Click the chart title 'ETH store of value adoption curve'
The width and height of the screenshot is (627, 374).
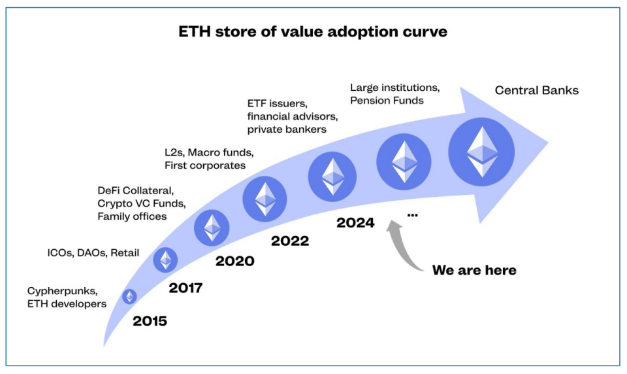(313, 32)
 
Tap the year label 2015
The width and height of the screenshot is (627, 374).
(150, 321)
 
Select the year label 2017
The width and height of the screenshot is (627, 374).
(185, 288)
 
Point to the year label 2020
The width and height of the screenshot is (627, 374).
(235, 262)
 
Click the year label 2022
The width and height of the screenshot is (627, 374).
(290, 241)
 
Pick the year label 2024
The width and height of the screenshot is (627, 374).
(355, 222)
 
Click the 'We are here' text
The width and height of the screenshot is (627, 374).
(474, 270)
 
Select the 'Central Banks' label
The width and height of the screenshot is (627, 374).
(536, 90)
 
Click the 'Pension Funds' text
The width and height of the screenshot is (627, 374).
(387, 100)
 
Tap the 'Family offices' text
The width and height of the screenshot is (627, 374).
(132, 216)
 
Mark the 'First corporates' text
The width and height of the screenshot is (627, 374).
(204, 165)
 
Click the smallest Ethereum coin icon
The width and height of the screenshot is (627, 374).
(130, 297)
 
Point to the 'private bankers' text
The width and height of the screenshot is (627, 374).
(287, 129)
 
